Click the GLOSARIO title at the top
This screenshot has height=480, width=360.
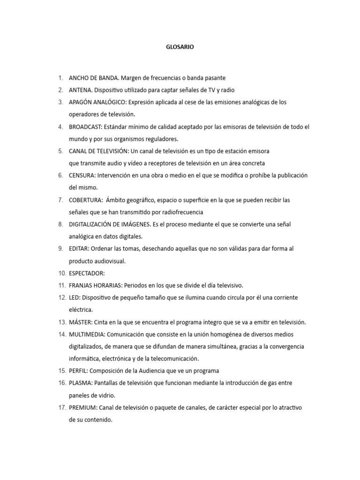180,47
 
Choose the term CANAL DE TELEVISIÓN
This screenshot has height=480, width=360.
98,151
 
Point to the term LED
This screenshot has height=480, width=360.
74,298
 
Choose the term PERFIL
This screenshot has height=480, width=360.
78,371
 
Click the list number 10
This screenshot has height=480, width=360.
62,273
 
